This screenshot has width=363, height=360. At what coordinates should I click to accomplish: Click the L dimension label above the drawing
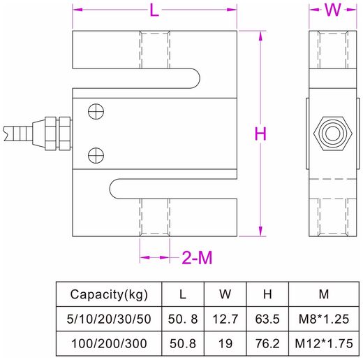(154, 10)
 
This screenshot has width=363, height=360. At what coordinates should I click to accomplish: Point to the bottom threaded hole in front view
(154, 217)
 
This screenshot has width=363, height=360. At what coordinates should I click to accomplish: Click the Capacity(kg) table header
(108, 294)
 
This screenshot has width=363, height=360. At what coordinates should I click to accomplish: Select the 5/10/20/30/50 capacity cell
(108, 319)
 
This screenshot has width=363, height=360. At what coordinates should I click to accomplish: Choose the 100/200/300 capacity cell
(108, 343)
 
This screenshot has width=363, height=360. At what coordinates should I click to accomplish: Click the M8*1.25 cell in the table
(324, 319)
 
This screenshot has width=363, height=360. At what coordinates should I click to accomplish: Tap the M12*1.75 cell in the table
(324, 343)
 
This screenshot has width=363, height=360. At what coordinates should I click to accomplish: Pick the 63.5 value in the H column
(267, 319)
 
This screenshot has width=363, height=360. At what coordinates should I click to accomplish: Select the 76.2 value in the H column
(267, 343)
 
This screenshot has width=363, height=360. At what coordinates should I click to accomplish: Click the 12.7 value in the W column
(224, 319)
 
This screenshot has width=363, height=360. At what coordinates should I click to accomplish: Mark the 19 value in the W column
(224, 343)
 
